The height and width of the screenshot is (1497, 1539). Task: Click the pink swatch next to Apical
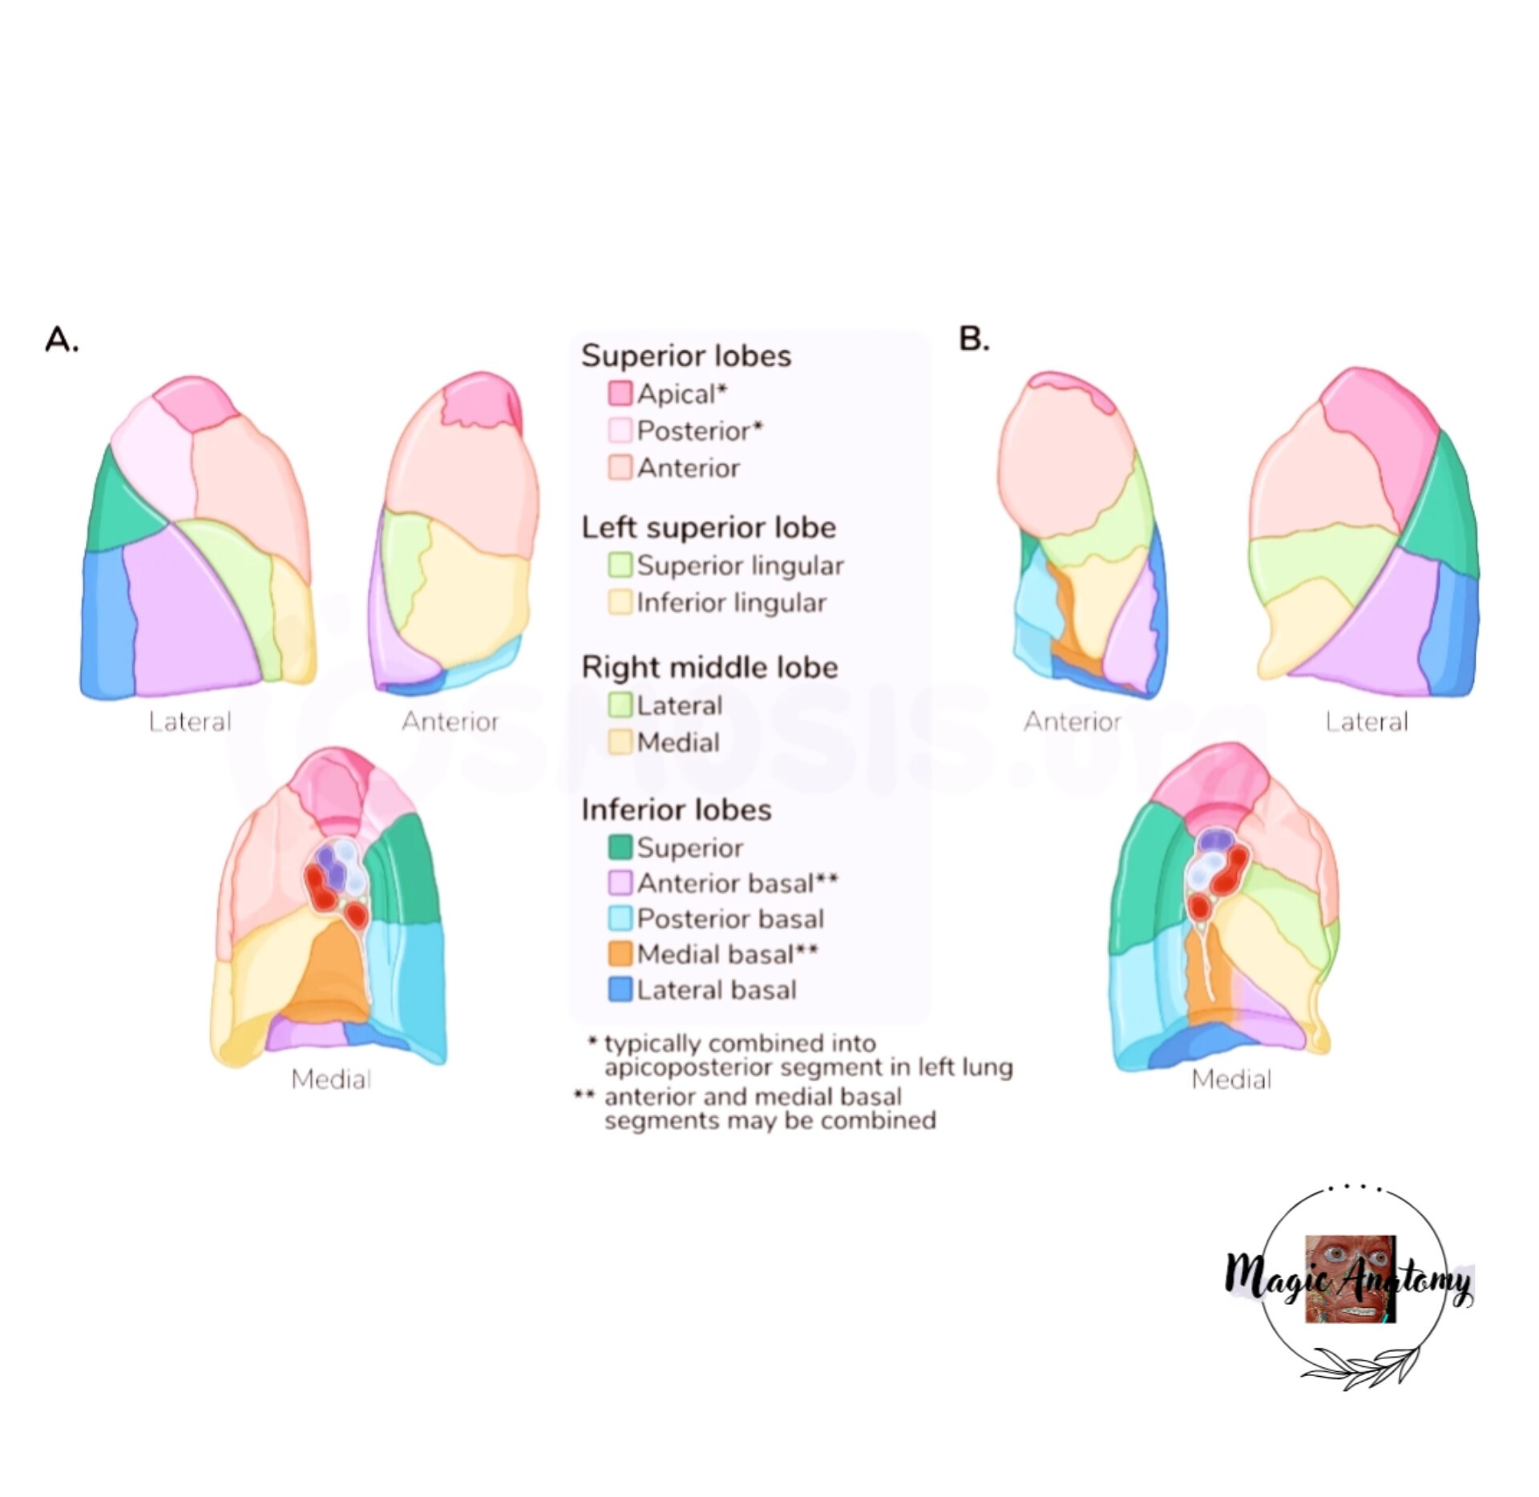pos(620,393)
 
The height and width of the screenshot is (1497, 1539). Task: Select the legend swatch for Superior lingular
pos(620,565)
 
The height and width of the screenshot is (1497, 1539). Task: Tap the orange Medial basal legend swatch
pos(620,954)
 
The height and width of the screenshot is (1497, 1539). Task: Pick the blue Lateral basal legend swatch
pos(620,990)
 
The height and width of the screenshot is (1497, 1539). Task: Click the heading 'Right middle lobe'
pos(709,668)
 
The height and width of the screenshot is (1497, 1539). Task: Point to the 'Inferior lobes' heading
pos(677,809)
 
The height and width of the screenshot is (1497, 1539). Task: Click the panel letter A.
pos(62,340)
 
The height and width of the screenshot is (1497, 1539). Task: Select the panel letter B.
pos(974,339)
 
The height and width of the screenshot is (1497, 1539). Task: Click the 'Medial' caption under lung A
pos(331,1079)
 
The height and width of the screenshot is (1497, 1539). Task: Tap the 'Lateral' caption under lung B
pos(1366,722)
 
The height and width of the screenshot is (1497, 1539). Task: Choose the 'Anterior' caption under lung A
pos(450,722)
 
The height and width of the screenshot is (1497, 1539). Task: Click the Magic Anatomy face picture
pos(1351,1279)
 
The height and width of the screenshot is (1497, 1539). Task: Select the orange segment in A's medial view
pos(329,974)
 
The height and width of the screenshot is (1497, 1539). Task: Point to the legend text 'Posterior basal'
pos(730,918)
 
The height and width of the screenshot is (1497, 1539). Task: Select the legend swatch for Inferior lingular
pos(620,602)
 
